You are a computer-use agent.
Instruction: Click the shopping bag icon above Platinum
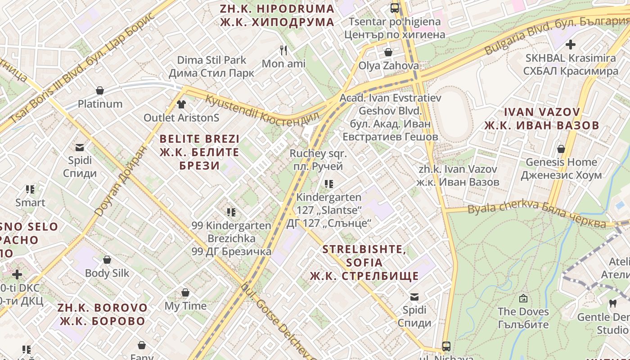click(100, 91)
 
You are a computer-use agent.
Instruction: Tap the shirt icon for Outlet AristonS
click(181, 104)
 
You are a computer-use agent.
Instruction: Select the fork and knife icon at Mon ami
click(283, 50)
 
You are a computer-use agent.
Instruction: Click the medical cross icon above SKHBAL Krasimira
click(571, 45)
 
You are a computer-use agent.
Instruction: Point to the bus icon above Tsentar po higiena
click(395, 8)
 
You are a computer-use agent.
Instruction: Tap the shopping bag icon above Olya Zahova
click(388, 52)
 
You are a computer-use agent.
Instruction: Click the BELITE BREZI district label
click(199, 152)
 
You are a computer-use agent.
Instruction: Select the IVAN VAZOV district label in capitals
click(542, 119)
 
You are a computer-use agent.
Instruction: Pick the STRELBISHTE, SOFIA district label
click(364, 262)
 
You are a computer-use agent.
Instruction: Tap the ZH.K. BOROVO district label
click(103, 315)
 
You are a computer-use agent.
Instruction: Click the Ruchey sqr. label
click(318, 160)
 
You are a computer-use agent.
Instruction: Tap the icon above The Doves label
click(523, 298)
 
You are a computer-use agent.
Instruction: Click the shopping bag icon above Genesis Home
click(561, 148)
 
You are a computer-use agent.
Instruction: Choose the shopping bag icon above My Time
click(185, 293)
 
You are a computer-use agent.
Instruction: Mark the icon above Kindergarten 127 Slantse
click(329, 184)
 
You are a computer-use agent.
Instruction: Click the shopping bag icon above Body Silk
click(107, 260)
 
